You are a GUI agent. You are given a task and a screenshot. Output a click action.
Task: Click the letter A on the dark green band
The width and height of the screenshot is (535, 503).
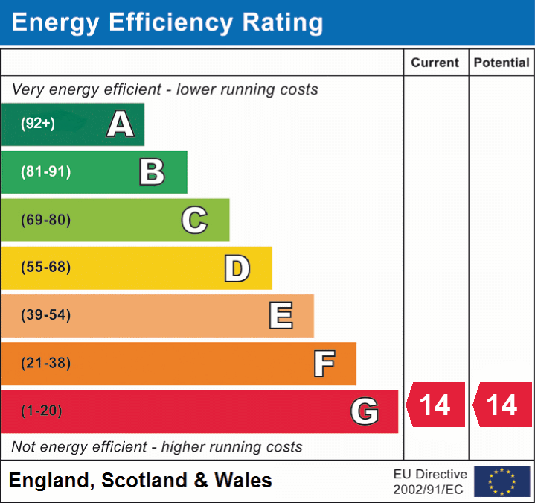(x=121, y=124)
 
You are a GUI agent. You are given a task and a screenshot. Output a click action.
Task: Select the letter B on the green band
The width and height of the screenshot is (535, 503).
(x=152, y=172)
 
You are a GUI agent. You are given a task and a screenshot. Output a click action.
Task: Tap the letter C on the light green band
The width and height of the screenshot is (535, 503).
(x=194, y=220)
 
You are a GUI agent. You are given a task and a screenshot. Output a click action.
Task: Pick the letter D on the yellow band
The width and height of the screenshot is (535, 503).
(x=237, y=268)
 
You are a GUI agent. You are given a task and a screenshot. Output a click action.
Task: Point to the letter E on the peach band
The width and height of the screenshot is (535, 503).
(x=281, y=316)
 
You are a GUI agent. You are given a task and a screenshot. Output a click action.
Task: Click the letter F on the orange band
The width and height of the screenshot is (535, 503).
(x=324, y=364)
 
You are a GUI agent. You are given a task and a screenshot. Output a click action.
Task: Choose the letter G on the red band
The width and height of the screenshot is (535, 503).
(x=365, y=411)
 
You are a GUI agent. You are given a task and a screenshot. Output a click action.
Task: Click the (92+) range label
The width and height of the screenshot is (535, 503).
(x=38, y=124)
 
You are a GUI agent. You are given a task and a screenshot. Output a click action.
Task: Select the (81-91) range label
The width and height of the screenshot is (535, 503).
(x=46, y=172)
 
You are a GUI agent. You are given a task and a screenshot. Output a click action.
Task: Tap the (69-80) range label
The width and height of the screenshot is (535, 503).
(x=46, y=220)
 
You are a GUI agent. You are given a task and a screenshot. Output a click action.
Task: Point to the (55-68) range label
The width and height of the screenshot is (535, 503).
(x=46, y=268)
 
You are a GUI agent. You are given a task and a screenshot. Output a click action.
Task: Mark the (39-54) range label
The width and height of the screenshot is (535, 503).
(x=46, y=315)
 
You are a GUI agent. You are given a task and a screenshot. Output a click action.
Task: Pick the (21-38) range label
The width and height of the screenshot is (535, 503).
(x=46, y=363)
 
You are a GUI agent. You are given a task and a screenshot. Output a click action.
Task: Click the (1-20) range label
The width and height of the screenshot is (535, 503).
(x=42, y=411)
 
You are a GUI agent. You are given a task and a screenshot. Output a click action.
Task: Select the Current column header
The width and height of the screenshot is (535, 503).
(x=435, y=63)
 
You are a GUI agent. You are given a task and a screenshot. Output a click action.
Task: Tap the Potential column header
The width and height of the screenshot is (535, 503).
(x=502, y=63)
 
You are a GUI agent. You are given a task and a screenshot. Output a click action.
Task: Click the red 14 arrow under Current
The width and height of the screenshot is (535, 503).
(x=435, y=405)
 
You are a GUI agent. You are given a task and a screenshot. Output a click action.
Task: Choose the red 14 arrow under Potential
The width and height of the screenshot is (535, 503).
(x=502, y=405)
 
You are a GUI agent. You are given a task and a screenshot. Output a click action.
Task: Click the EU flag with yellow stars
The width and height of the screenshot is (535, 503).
(x=502, y=481)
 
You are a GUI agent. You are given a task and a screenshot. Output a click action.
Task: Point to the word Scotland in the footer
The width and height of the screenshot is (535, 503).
(x=144, y=481)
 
